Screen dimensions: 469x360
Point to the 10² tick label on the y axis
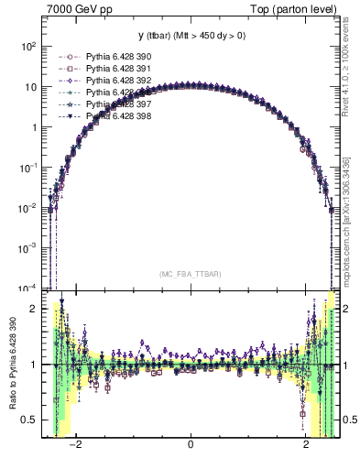click(29, 46)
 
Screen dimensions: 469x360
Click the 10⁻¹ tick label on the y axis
click(29, 168)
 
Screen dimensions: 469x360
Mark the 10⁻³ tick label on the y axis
click(29, 248)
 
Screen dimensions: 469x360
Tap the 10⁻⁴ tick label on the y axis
click(29, 289)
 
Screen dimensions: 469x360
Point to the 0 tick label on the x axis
click(190, 445)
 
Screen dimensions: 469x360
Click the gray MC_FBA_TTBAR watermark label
click(190, 274)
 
